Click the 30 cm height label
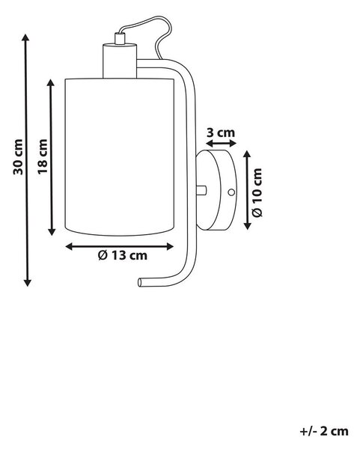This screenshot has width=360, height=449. click(x=18, y=157)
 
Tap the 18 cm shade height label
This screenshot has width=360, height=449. click(x=43, y=156)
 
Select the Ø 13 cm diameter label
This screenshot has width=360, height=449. click(x=123, y=255)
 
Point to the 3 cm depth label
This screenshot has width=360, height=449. click(x=221, y=132)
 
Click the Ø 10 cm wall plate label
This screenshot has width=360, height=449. click(x=257, y=193)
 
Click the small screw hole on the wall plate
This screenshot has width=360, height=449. click(x=231, y=192)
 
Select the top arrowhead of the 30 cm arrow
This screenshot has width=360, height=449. click(x=25, y=37)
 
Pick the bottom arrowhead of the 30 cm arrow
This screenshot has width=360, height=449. click(x=27, y=283)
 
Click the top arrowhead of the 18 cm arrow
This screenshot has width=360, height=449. click(x=51, y=82)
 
